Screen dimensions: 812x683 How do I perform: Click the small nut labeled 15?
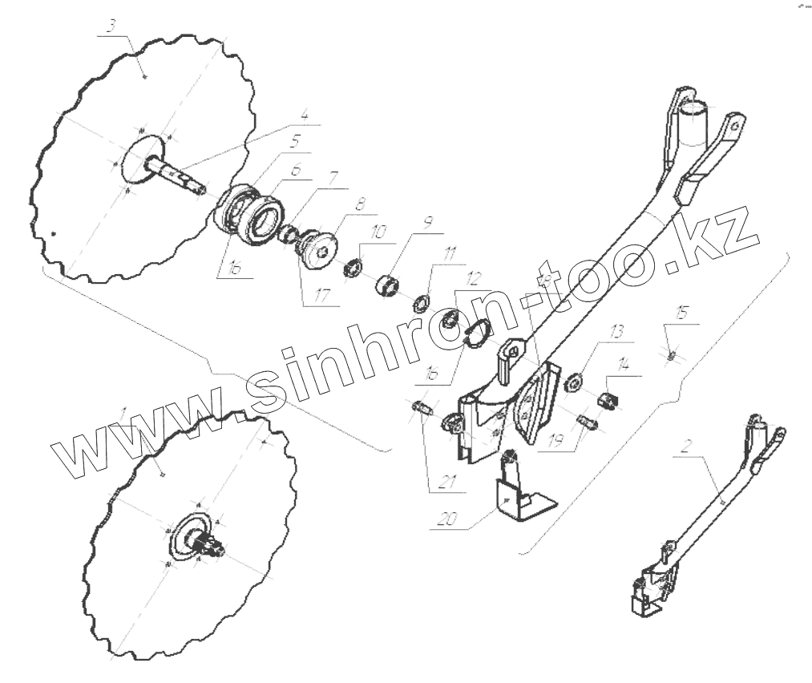(x=672, y=354)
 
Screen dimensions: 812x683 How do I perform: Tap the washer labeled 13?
(x=573, y=382)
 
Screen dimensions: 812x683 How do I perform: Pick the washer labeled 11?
(x=419, y=305)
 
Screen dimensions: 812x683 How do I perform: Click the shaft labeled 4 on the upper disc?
(x=176, y=174)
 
